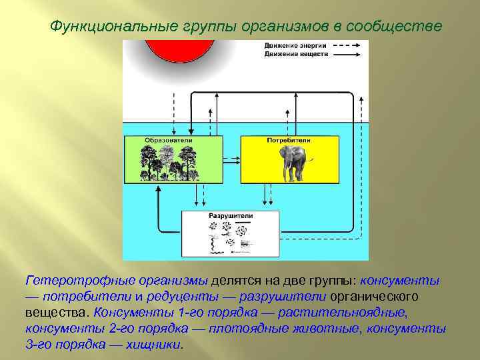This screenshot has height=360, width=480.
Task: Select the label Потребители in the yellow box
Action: click(x=289, y=141)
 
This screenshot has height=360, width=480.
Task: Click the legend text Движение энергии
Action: click(x=285, y=45)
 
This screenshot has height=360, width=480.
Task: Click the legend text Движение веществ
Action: click(x=285, y=53)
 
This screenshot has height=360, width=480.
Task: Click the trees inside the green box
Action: click(x=171, y=163)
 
